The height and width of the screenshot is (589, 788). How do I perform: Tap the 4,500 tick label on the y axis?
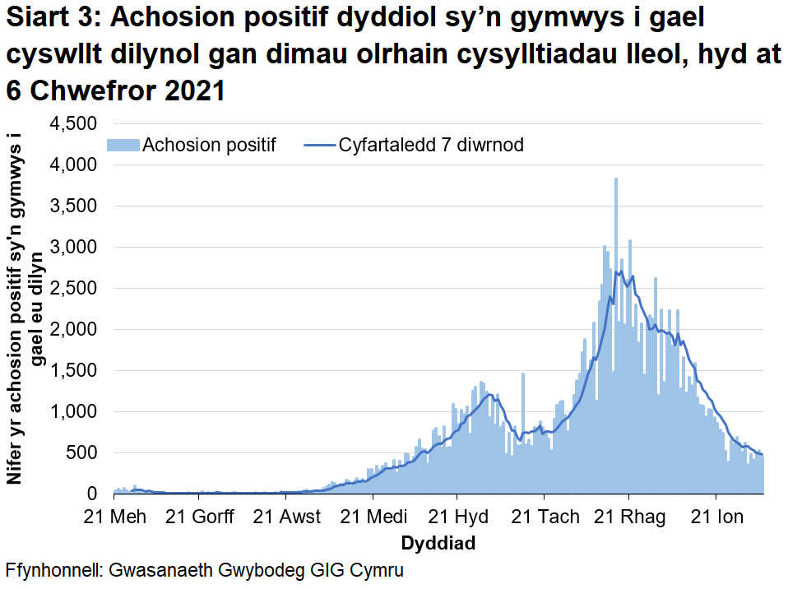point(74,124)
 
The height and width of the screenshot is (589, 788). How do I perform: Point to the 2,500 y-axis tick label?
point(74,289)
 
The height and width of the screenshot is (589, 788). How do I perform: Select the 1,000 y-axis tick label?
point(74,412)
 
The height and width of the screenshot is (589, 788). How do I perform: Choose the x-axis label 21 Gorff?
point(199,517)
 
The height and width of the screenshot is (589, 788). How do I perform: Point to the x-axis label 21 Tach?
point(543,517)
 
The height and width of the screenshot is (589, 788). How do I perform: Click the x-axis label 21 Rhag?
point(628,517)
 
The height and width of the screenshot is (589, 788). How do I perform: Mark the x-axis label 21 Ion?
point(716,517)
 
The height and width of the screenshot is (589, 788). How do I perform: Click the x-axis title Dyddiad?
point(438,544)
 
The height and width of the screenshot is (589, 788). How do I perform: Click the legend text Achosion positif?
point(209,146)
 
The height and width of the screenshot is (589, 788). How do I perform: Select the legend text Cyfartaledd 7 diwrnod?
point(431,146)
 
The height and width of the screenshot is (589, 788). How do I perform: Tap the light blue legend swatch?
point(123,146)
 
